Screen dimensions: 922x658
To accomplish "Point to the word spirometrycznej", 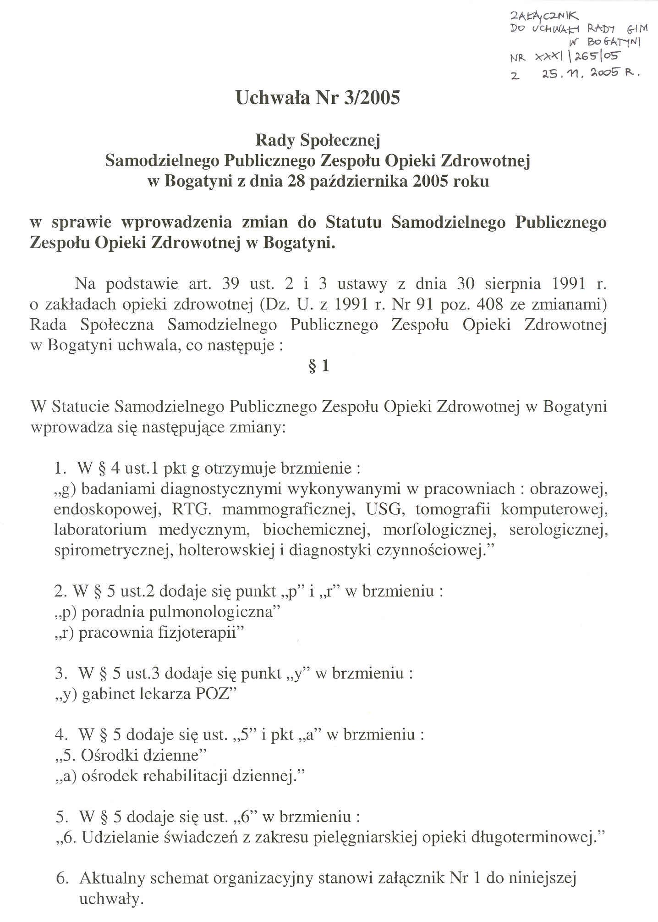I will [110, 550].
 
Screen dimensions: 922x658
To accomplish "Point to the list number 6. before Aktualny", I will [63, 878].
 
